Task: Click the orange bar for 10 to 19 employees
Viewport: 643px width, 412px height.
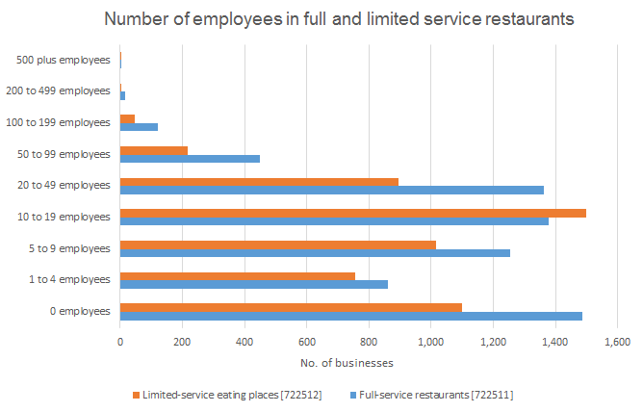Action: pos(352,212)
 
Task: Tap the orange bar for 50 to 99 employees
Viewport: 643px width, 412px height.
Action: pos(154,149)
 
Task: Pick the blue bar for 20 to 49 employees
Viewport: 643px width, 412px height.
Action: pos(332,190)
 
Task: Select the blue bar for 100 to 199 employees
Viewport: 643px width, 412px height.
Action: pos(139,127)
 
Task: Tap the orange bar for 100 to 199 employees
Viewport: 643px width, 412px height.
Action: pos(127,117)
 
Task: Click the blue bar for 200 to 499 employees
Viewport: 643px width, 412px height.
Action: pos(122,95)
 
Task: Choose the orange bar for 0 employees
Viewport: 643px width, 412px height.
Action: pos(291,306)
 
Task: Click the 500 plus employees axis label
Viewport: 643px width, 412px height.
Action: pos(64,60)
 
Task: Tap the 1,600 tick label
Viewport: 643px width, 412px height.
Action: pos(617,342)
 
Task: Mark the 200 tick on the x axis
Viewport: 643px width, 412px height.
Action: pos(182,342)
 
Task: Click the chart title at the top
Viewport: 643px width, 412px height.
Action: pos(321,20)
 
